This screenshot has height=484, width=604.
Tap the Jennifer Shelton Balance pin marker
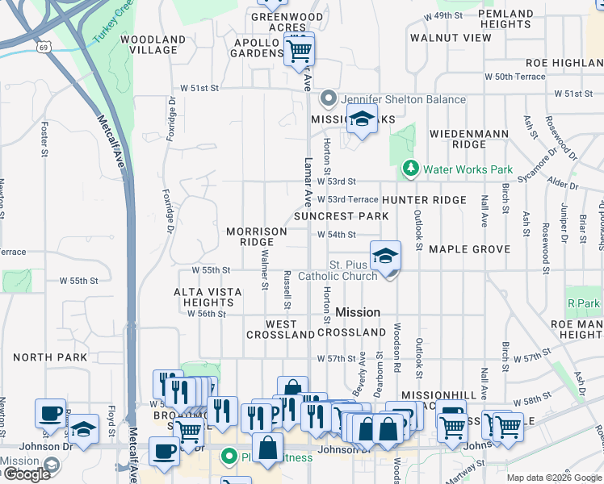(x=328, y=99)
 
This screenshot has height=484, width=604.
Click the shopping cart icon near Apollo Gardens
(x=300, y=50)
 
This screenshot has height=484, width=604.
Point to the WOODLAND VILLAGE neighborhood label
(x=153, y=44)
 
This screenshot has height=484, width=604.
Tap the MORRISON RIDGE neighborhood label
(x=256, y=236)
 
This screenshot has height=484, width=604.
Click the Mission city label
(x=357, y=312)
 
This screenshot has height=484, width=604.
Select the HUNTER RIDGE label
(x=425, y=200)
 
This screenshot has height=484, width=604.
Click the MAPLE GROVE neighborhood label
(x=469, y=249)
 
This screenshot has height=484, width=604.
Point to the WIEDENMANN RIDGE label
(x=458, y=138)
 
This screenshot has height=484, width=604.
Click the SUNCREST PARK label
(x=341, y=216)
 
